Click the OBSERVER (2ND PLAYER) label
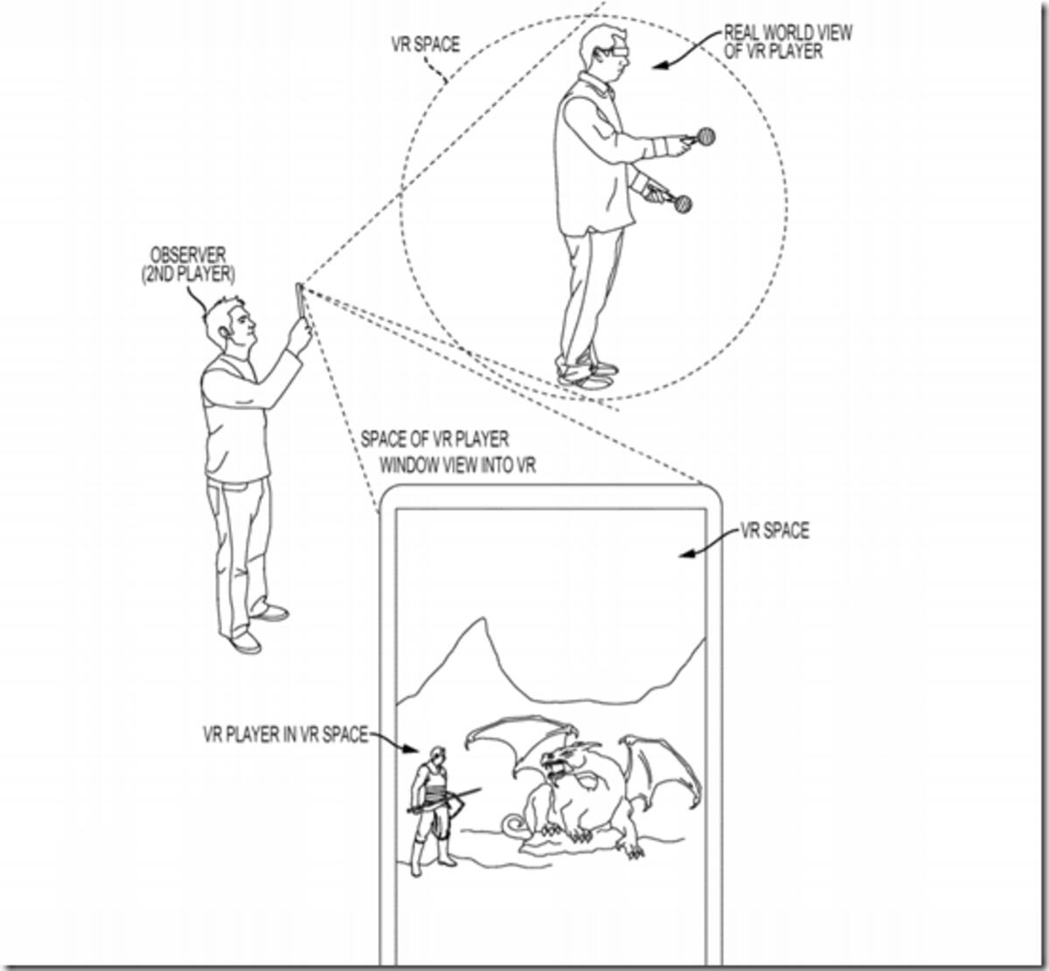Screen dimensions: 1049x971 [x=188, y=265]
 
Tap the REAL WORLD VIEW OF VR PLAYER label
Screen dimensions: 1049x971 [x=788, y=42]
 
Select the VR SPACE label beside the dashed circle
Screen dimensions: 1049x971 [x=426, y=45]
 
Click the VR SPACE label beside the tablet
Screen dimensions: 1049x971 [x=775, y=531]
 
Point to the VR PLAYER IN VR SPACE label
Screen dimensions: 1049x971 [x=285, y=734]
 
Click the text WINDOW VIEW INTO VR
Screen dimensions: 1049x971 [x=458, y=466]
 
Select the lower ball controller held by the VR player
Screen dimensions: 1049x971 [x=683, y=204]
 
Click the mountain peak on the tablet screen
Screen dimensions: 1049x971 [x=482, y=620]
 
